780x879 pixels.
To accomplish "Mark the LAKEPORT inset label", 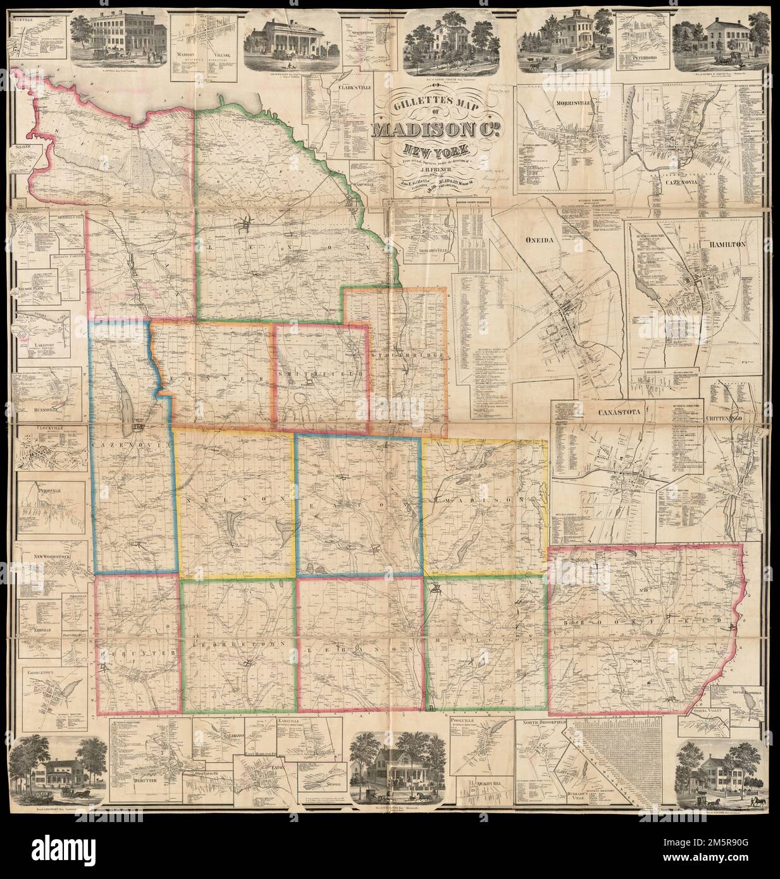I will tap(44, 347).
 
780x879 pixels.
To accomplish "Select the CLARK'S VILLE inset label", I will tap(353, 88).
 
